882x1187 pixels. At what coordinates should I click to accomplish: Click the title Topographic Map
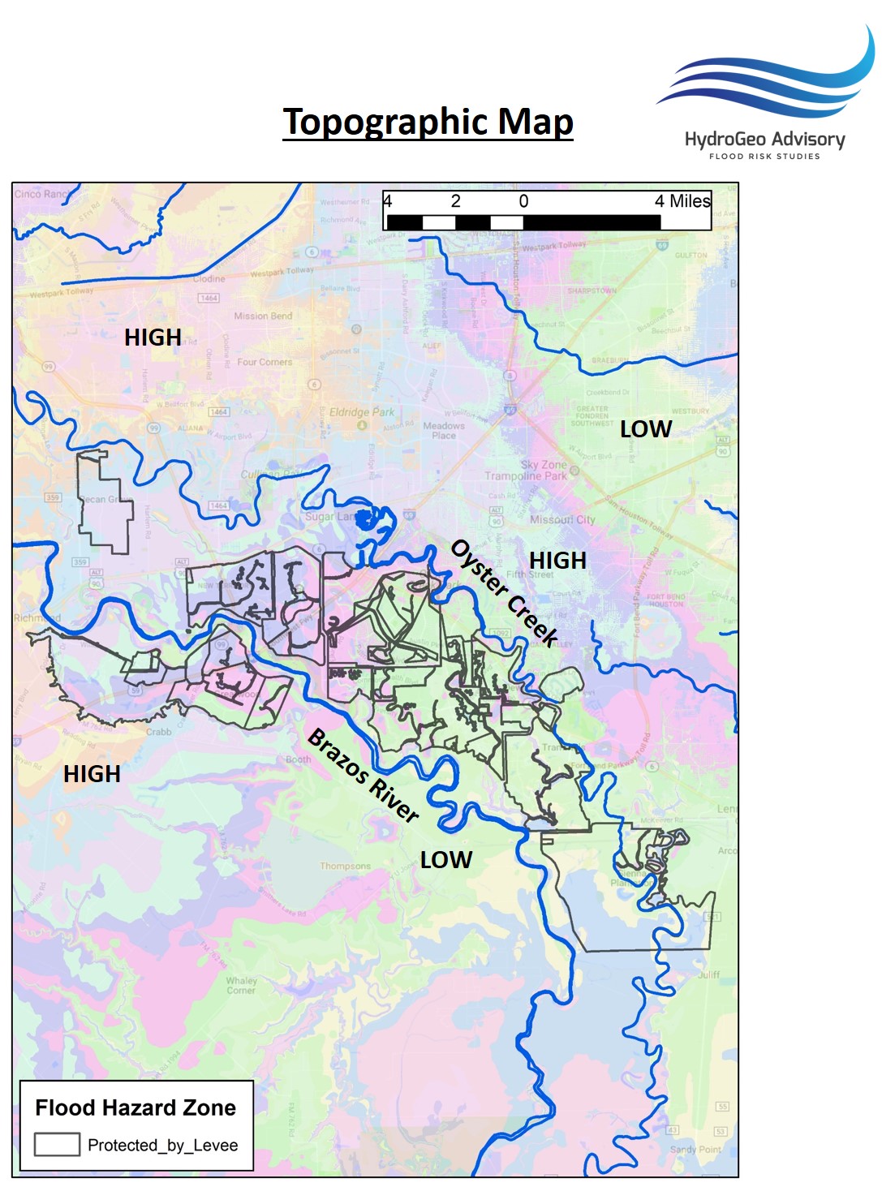(428, 123)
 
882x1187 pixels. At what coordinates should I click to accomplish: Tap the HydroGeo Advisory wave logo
(768, 77)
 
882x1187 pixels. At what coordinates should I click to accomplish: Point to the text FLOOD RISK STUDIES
(764, 157)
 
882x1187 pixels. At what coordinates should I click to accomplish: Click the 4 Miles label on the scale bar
(682, 201)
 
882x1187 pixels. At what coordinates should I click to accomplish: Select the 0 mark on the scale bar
(523, 201)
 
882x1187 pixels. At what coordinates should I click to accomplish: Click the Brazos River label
(364, 775)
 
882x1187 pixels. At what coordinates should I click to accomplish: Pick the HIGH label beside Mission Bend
(153, 338)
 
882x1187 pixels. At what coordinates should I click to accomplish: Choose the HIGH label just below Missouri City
(557, 561)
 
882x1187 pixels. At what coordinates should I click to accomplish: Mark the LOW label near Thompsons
(445, 860)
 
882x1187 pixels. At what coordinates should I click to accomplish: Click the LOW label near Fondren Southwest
(645, 429)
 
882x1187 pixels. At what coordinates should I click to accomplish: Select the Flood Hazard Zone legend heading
(136, 1107)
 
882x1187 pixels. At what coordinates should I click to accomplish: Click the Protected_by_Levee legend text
(162, 1145)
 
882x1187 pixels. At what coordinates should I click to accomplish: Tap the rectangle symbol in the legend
(57, 1144)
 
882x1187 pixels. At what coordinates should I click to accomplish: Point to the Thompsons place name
(345, 866)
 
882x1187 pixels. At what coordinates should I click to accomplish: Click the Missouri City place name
(562, 519)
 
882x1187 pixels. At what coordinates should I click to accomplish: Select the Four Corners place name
(265, 362)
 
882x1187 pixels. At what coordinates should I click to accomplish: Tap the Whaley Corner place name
(241, 985)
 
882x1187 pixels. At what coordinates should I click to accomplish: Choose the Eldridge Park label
(361, 412)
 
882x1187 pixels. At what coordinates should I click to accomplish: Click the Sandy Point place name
(695, 1149)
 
